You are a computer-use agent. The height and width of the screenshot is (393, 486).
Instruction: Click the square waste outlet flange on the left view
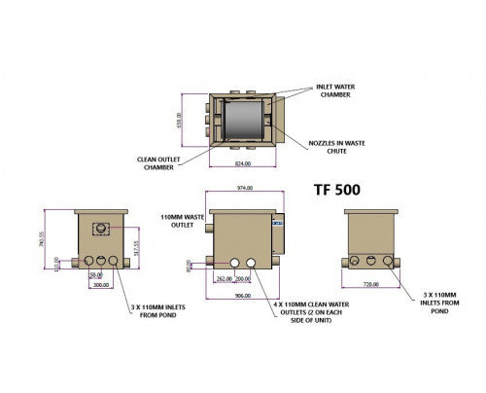tap(100, 230)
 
